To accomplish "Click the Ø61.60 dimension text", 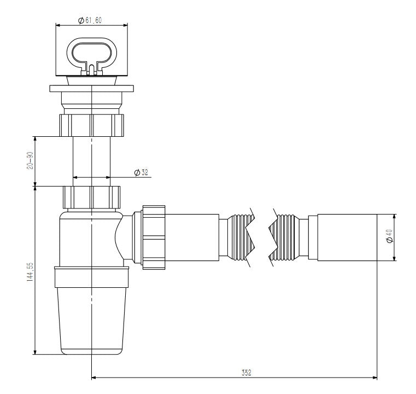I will [90, 20].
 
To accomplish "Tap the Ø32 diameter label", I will [141, 173].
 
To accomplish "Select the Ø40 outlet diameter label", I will [389, 237].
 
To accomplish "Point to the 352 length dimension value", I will [246, 372].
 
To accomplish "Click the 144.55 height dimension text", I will [31, 270].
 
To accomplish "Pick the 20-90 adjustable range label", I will [31, 160].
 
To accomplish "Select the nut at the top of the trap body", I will [91, 196].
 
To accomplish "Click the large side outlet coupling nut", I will [154, 237].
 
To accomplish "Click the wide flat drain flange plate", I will [91, 88].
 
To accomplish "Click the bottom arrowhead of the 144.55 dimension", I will [36, 352].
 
